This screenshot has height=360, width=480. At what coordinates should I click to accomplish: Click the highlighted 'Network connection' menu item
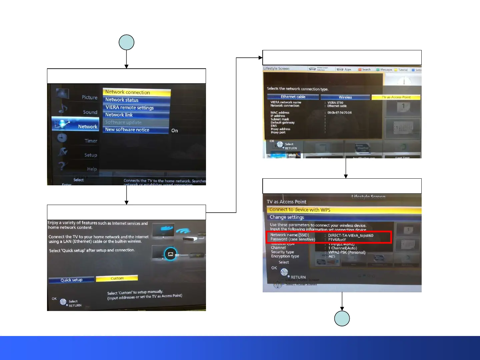(137, 92)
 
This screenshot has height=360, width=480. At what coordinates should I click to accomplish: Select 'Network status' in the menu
(136, 100)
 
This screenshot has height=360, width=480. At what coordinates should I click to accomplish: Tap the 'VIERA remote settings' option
(136, 107)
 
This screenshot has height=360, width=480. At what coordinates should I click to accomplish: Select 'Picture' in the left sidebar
(89, 97)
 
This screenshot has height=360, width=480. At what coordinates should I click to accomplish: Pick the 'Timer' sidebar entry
(91, 141)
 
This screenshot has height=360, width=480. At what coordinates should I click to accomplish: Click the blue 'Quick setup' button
(71, 280)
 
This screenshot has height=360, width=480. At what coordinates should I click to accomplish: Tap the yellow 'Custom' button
(117, 278)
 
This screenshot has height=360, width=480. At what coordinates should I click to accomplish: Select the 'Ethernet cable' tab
(293, 97)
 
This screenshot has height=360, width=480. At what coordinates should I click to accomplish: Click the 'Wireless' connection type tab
(345, 97)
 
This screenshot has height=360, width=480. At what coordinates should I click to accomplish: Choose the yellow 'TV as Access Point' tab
(396, 97)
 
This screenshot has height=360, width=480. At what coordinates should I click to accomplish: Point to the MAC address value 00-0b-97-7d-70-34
(339, 113)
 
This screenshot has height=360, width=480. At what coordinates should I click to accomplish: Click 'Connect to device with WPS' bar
(343, 210)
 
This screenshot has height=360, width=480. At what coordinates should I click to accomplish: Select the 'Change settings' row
(343, 217)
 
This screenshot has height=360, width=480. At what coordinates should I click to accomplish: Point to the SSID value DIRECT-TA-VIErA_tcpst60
(351, 235)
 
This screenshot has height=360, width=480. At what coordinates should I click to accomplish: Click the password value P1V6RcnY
(337, 240)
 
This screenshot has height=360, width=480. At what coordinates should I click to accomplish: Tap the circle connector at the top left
(126, 43)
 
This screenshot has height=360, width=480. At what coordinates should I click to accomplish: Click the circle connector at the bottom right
(342, 318)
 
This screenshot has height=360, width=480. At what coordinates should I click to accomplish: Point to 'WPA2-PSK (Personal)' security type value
(347, 252)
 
